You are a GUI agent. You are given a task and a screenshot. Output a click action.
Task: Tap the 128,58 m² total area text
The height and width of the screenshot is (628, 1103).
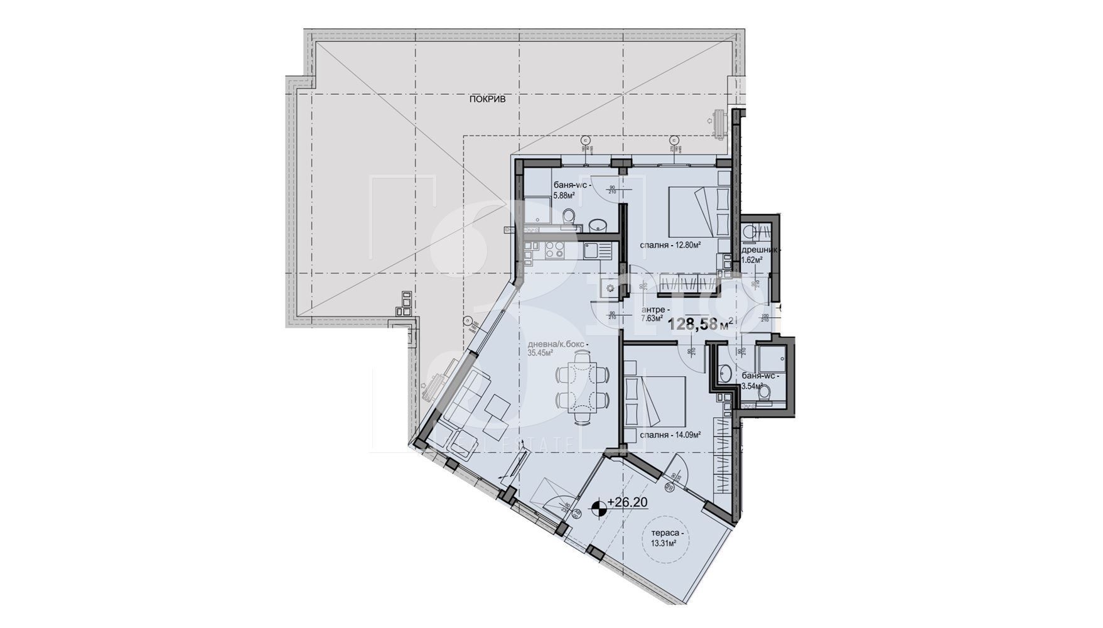click(700, 325)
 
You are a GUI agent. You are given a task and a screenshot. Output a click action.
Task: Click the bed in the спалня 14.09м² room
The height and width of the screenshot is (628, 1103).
click(655, 399)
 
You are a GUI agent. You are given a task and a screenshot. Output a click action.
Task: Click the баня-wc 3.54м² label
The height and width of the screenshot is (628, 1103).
click(759, 381)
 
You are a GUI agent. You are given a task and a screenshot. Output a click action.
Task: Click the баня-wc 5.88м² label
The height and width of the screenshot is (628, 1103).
click(571, 190)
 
